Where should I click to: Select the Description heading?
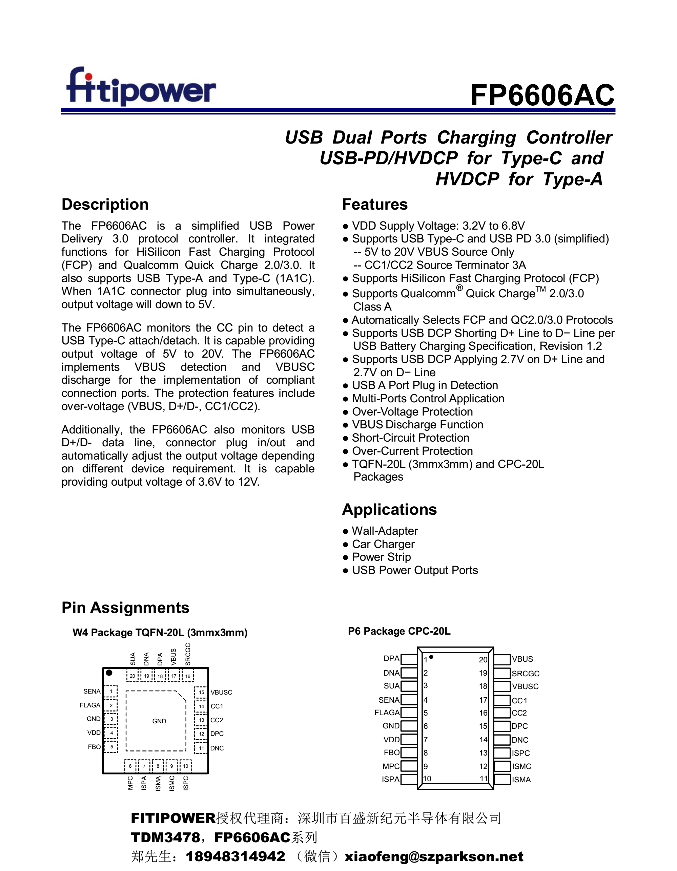105,205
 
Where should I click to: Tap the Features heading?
375,205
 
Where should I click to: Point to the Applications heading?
389,510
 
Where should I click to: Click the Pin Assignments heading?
125,608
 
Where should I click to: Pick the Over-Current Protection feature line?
412,451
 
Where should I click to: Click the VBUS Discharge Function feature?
417,425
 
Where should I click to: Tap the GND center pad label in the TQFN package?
159,721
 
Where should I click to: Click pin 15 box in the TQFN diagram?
202,692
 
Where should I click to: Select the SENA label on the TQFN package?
92,692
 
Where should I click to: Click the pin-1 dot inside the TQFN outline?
109,673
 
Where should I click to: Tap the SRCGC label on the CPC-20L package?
526,674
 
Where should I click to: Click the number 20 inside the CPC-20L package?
483,660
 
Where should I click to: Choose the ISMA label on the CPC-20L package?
521,780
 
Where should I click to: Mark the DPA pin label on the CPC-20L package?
391,659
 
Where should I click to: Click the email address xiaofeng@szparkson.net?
434,857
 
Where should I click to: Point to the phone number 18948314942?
235,857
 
